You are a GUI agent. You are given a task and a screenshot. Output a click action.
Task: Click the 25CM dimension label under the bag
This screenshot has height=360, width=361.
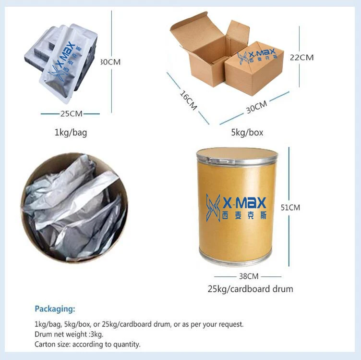point(70,114)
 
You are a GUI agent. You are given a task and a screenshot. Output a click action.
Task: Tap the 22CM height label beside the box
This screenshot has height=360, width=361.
point(301,57)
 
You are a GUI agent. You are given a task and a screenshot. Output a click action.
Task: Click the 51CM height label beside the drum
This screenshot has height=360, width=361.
point(290,208)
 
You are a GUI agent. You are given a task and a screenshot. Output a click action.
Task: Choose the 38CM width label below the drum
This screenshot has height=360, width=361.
point(248,276)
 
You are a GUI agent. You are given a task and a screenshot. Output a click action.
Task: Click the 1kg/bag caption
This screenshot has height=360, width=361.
point(71,132)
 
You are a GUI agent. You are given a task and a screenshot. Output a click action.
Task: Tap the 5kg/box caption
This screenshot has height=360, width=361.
point(247,132)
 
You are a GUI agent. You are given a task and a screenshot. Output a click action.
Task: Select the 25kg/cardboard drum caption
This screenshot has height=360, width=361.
point(250,289)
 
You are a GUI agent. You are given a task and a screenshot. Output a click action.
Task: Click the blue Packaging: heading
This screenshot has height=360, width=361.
point(55,309)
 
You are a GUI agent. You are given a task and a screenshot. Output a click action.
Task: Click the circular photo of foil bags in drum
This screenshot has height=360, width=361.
point(75,207)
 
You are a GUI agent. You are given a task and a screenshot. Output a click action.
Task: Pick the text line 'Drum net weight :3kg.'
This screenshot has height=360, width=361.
point(69,334)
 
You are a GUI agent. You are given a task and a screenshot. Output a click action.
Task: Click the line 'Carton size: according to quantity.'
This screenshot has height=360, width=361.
point(87,344)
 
